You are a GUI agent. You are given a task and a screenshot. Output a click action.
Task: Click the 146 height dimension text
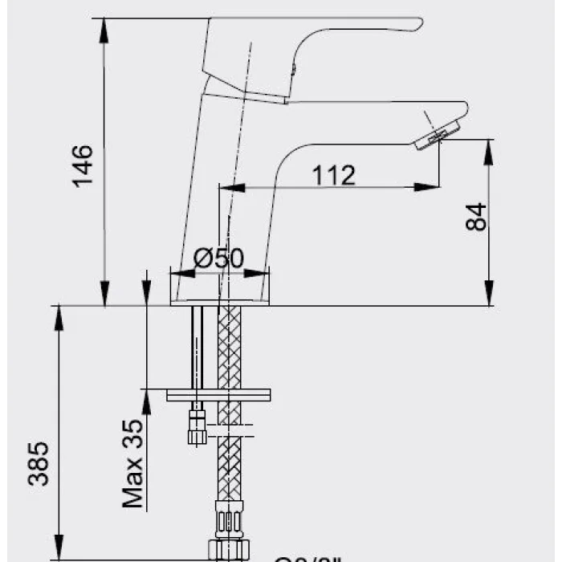pyautogui.click(x=83, y=165)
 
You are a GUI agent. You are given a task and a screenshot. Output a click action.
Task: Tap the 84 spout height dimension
pyautogui.click(x=477, y=216)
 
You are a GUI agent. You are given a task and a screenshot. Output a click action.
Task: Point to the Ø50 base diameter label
pyautogui.click(x=218, y=259)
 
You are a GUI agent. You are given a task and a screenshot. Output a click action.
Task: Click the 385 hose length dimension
pyautogui.click(x=39, y=464)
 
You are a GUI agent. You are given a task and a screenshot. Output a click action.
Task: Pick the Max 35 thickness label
pyautogui.click(x=134, y=464)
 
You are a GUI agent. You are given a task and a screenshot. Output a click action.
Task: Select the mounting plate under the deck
pyautogui.click(x=218, y=395)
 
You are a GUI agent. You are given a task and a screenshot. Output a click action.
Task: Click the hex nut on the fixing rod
pyautogui.click(x=195, y=426)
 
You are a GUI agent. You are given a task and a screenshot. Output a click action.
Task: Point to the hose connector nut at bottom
pyautogui.click(x=230, y=548)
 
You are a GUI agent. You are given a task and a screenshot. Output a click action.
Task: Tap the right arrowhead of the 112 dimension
pyautogui.click(x=434, y=188)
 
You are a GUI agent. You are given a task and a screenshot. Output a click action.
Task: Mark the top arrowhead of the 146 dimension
pyautogui.click(x=104, y=24)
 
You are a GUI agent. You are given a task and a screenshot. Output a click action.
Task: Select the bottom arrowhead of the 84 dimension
pyautogui.click(x=488, y=298)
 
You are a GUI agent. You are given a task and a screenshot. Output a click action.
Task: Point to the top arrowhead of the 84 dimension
pyautogui.click(x=488, y=147)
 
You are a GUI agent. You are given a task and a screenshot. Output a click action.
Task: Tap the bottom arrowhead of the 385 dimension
pyautogui.click(x=59, y=552)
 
